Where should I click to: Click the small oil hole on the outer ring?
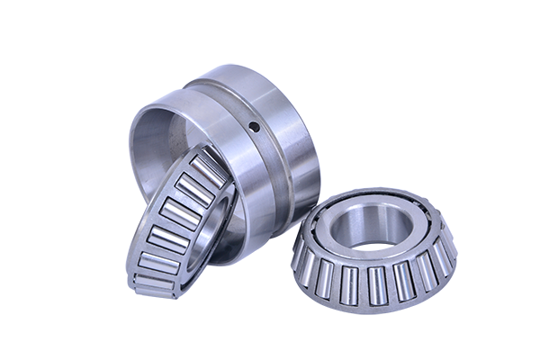coord(255,126)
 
